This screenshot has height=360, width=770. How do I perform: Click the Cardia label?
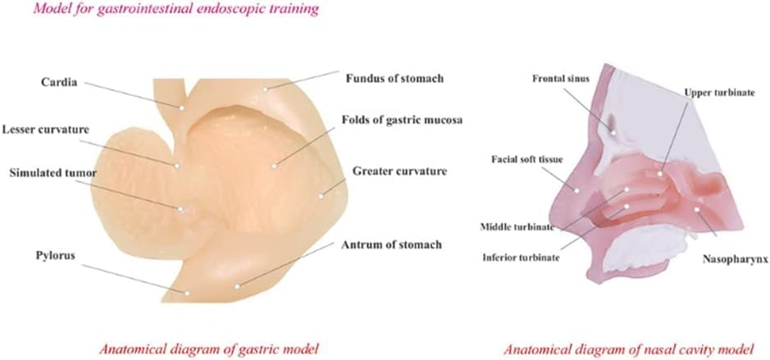(x=59, y=83)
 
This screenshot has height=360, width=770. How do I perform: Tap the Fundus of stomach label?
(x=394, y=78)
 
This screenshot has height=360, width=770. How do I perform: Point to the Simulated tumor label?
(x=52, y=173)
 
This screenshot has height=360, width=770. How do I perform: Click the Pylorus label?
(x=55, y=256)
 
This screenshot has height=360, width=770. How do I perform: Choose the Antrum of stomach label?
(x=391, y=244)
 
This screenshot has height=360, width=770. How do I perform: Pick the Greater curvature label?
(x=399, y=171)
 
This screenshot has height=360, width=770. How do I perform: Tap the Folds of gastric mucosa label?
(x=403, y=120)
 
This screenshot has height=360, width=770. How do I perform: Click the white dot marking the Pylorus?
(x=187, y=293)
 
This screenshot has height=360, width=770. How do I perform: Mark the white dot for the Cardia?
(x=181, y=107)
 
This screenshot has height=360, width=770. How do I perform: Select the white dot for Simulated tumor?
(x=180, y=209)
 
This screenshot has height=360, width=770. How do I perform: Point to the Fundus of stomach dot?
(x=265, y=89)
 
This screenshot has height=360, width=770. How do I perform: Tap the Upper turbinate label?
(x=718, y=93)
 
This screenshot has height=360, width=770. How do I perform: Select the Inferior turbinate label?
(x=521, y=257)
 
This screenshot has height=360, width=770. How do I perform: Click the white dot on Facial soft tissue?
(x=577, y=190)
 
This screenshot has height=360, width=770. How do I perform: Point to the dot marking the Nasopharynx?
(x=697, y=210)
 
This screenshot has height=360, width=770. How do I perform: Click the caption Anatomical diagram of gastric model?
(x=209, y=349)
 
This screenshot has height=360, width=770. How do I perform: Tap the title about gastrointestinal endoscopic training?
(x=175, y=9)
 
